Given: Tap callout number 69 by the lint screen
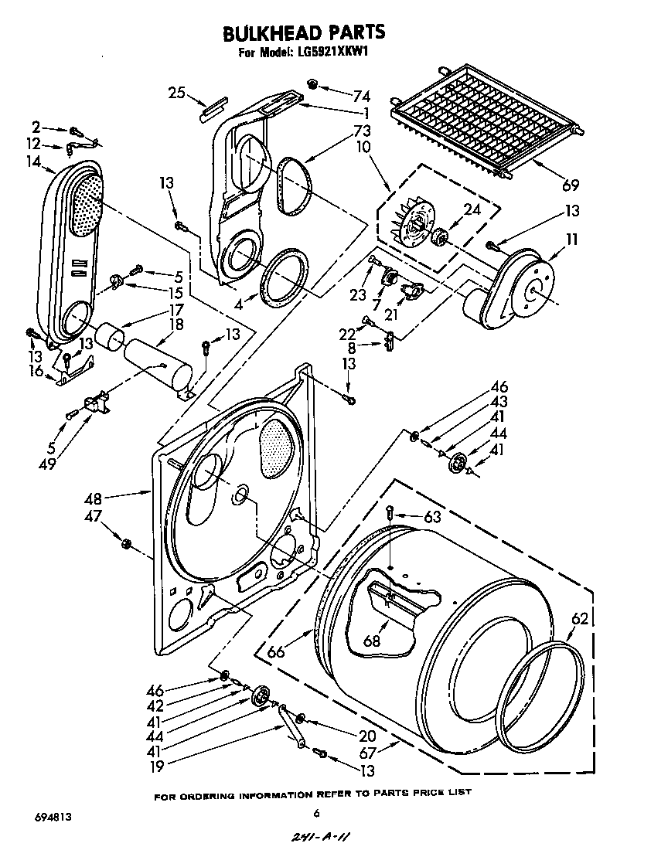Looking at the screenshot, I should [x=571, y=185].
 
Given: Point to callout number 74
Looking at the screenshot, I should [x=362, y=97].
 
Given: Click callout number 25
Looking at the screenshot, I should [x=176, y=93].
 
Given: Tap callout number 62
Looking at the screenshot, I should [x=579, y=618].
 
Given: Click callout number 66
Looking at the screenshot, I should [x=275, y=651].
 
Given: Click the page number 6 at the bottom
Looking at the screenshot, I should [x=316, y=812].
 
